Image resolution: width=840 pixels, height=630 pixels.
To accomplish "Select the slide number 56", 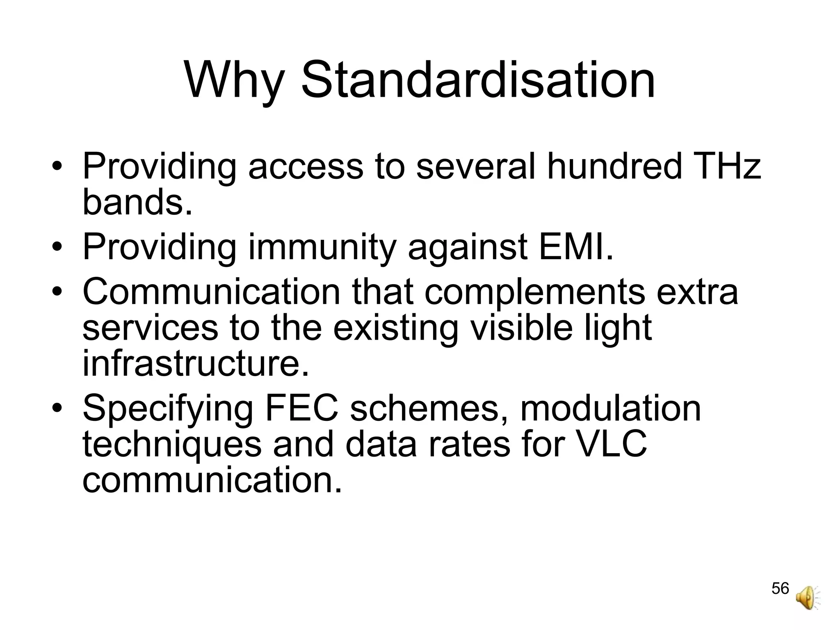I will (x=780, y=589).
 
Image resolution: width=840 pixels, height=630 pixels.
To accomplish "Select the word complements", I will (x=535, y=292).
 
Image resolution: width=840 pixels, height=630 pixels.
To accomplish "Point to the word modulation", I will (x=611, y=408).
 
